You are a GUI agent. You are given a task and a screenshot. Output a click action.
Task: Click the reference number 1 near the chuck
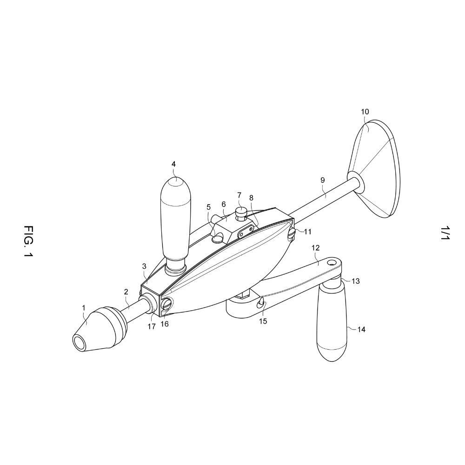(84, 308)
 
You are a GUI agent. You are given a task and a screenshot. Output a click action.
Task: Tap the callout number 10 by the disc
(365, 112)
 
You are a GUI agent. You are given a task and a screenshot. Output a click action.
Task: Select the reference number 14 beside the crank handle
(361, 329)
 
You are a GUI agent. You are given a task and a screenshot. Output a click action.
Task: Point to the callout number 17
(152, 326)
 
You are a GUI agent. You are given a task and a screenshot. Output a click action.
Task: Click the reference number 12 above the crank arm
(316, 248)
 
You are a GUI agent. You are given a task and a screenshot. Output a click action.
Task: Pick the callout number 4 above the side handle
(173, 164)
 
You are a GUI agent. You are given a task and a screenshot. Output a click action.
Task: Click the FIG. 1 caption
(28, 241)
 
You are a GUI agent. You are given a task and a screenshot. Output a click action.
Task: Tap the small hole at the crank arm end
(332, 262)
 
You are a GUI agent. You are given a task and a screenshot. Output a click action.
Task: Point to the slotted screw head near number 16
(167, 304)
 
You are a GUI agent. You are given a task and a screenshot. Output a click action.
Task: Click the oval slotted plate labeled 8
(246, 231)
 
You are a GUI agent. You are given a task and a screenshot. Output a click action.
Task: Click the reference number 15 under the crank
(263, 321)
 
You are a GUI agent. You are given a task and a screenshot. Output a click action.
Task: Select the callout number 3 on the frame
(144, 266)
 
